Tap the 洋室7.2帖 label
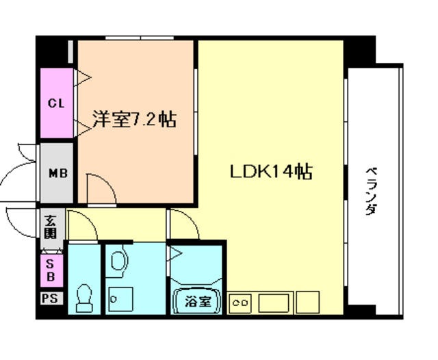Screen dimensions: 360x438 pyautogui.click(x=134, y=120)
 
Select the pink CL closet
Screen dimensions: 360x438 pyautogui.click(x=55, y=103)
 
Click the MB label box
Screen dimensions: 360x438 pyautogui.click(x=55, y=173)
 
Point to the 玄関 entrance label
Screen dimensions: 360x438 pyautogui.click(x=51, y=226)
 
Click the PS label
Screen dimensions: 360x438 pyautogui.click(x=50, y=298)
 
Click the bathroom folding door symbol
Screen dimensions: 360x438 pyautogui.click(x=175, y=257)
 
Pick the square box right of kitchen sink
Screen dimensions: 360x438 pyautogui.click(x=308, y=300)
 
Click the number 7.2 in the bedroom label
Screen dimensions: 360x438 pyautogui.click(x=146, y=120)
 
